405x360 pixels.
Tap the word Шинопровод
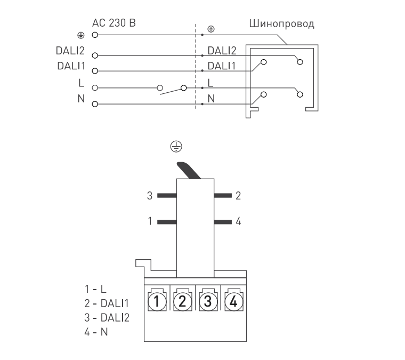(281, 24)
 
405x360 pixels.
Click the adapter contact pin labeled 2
(223, 196)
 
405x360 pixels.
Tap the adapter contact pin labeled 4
(223, 220)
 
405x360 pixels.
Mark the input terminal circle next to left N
(94, 103)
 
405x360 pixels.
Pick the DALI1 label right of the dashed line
(221, 66)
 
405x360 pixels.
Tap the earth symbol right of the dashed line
(211, 28)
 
